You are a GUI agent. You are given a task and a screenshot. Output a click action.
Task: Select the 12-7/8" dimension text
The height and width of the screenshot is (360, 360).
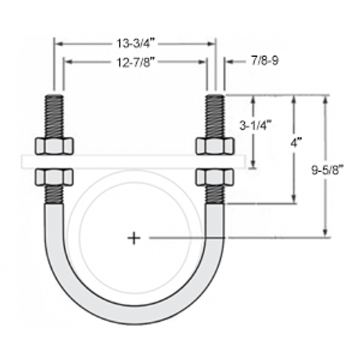coord(135,63)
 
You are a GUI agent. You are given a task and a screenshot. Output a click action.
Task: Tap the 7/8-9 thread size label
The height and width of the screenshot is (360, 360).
coord(264,63)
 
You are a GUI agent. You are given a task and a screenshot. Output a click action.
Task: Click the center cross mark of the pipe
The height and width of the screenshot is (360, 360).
coord(134,237)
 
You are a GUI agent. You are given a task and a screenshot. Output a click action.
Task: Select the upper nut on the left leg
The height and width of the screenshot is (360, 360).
coord(55,146)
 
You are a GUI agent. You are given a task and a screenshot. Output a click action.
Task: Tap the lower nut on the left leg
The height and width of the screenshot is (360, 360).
coord(55,177)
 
